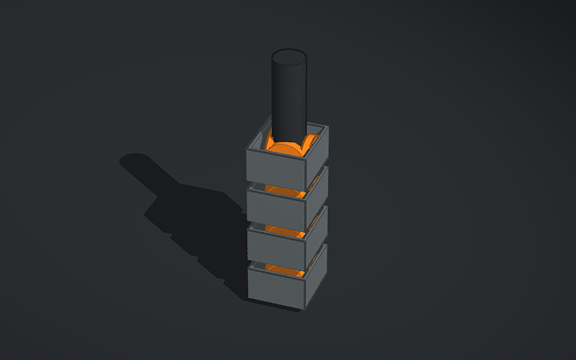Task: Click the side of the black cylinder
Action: coord(289,99)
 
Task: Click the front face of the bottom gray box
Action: coord(276,286)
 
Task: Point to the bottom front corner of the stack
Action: coord(303,308)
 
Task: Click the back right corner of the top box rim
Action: coord(324,125)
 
